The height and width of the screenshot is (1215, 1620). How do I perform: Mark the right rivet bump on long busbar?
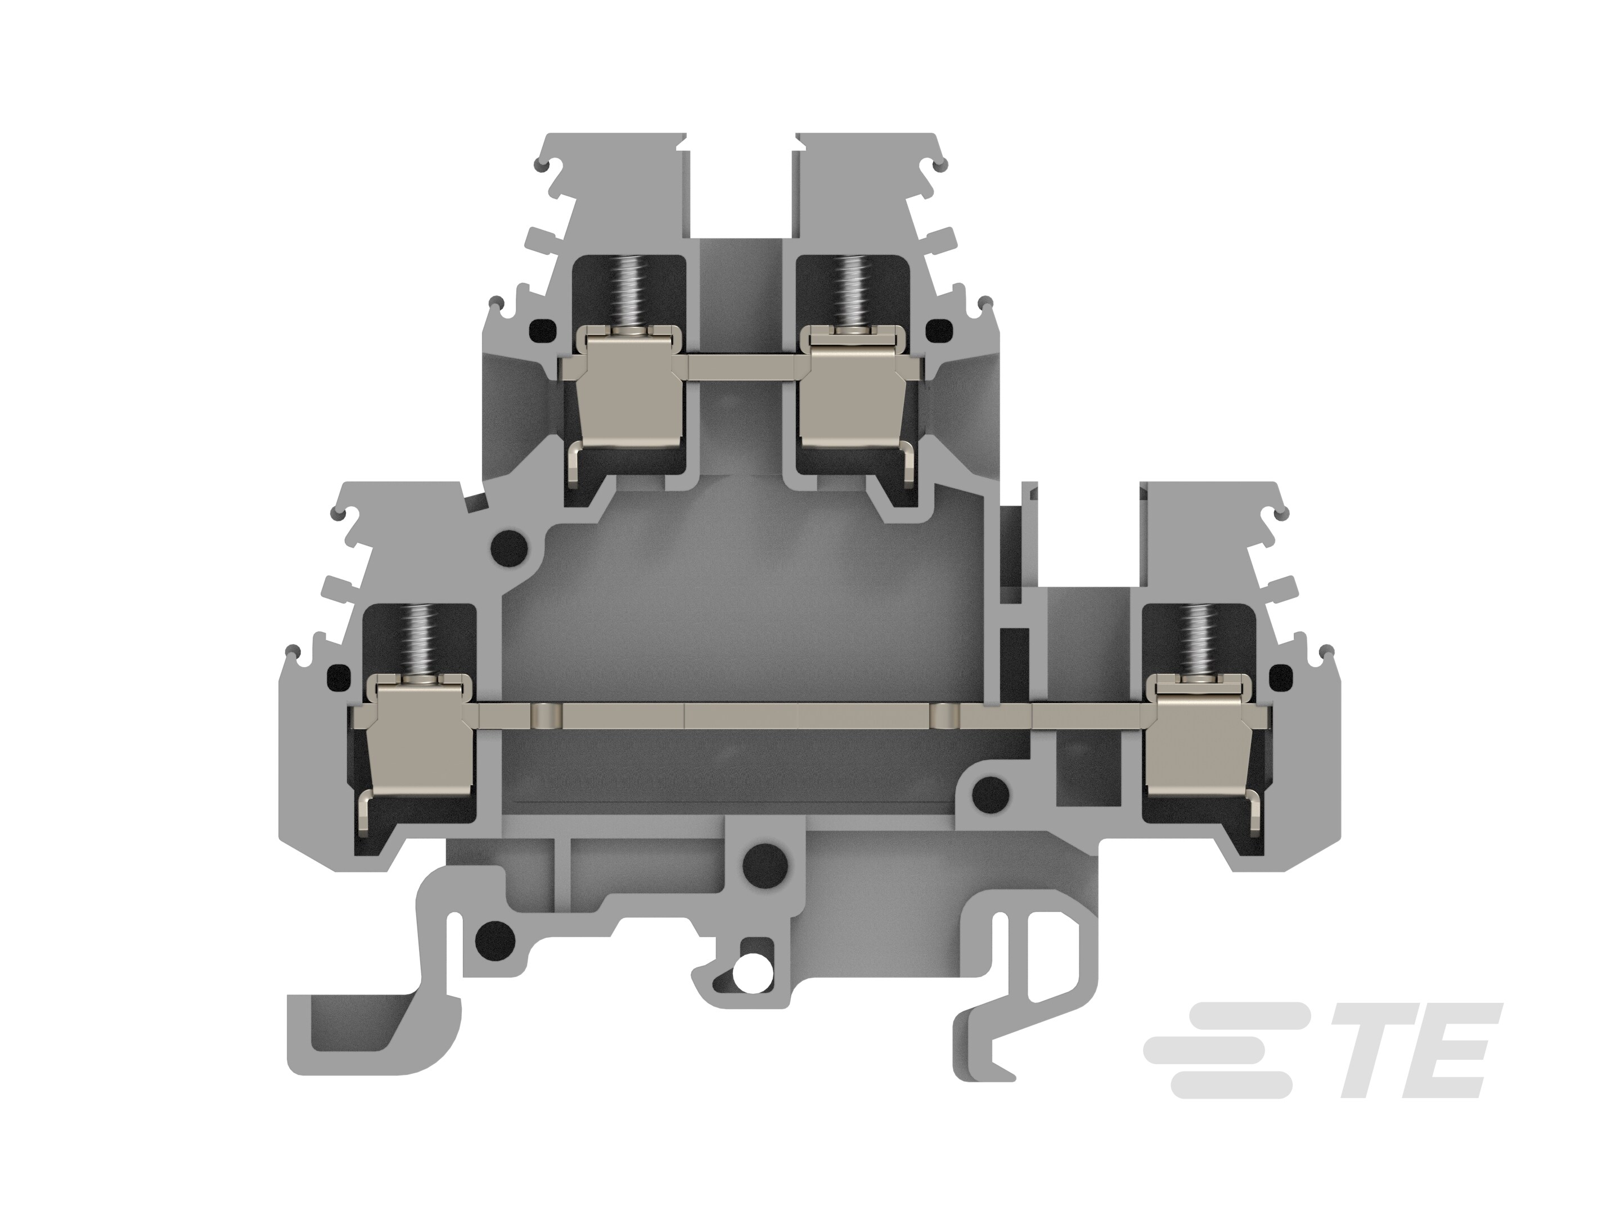[x=943, y=715]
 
